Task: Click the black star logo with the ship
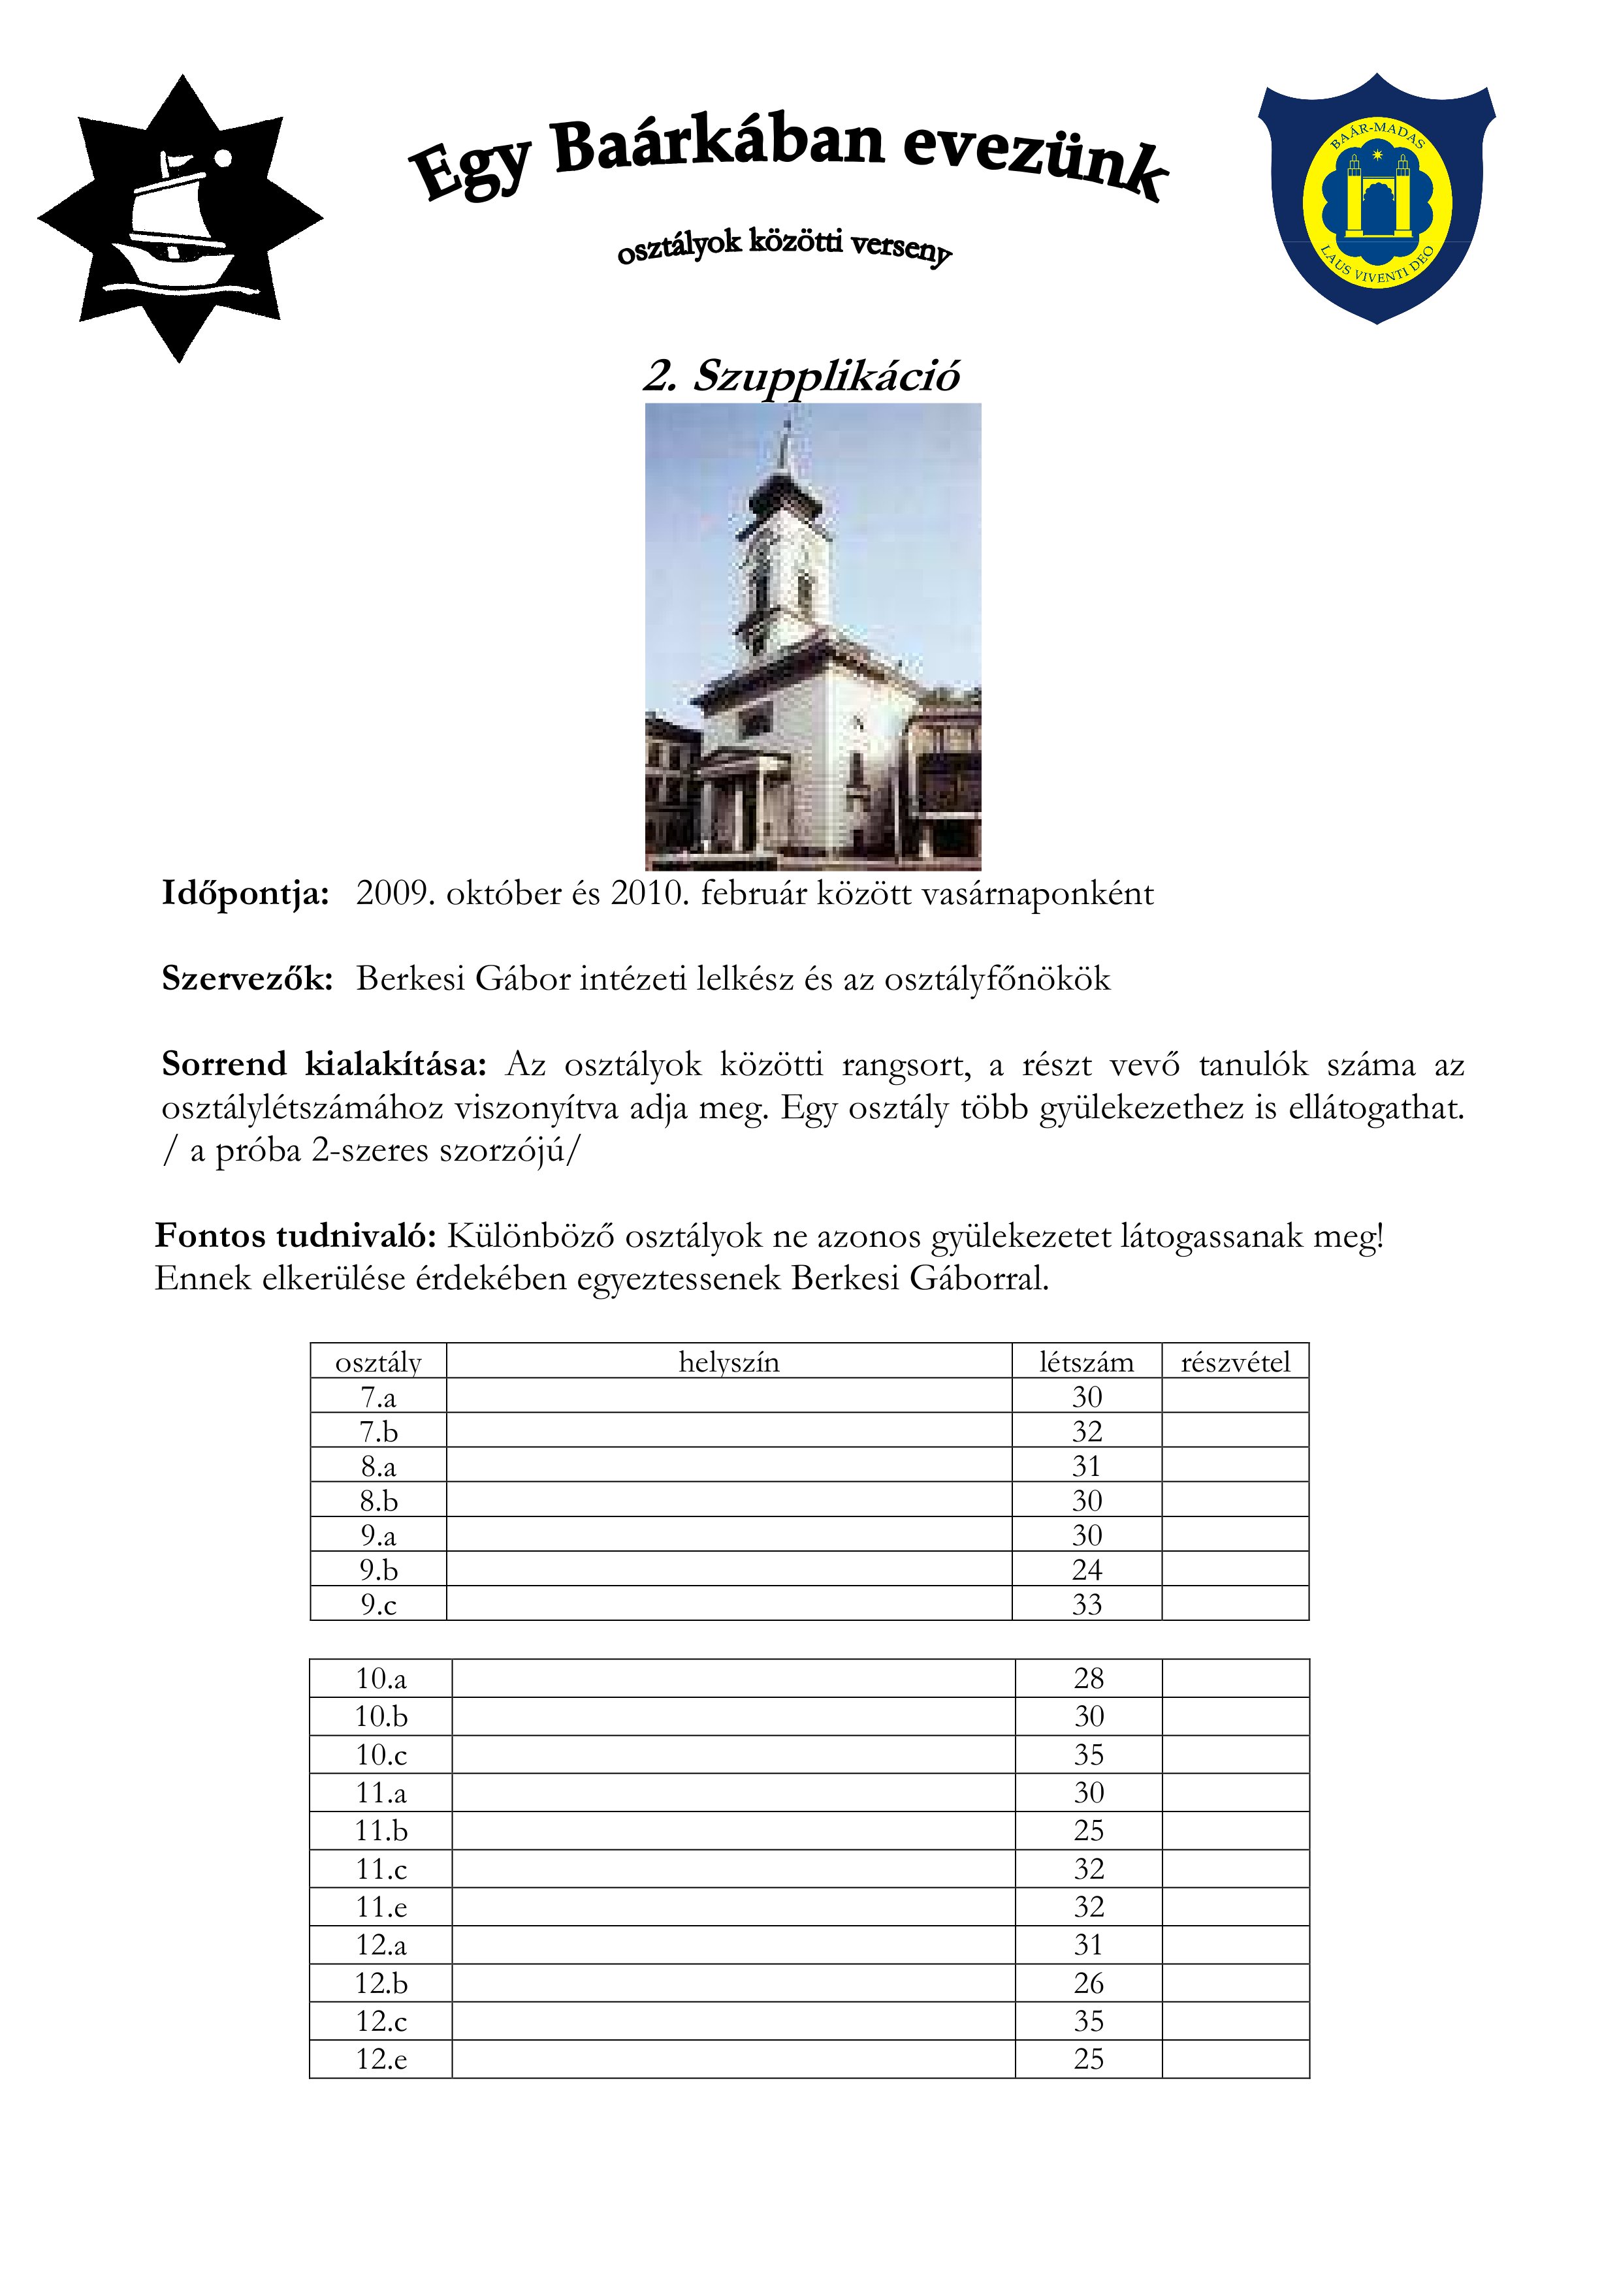(180, 217)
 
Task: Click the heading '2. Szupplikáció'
(801, 376)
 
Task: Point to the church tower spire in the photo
(787, 449)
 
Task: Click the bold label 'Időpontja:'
(246, 894)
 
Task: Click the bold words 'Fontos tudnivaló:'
(295, 1237)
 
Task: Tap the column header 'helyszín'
(729, 1362)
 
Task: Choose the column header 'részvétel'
(1235, 1362)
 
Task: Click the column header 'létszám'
(1086, 1362)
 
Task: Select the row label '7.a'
(378, 1398)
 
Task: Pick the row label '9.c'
(378, 1605)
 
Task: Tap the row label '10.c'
(381, 1755)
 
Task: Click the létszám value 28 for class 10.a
(1088, 1678)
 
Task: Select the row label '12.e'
(381, 2059)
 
